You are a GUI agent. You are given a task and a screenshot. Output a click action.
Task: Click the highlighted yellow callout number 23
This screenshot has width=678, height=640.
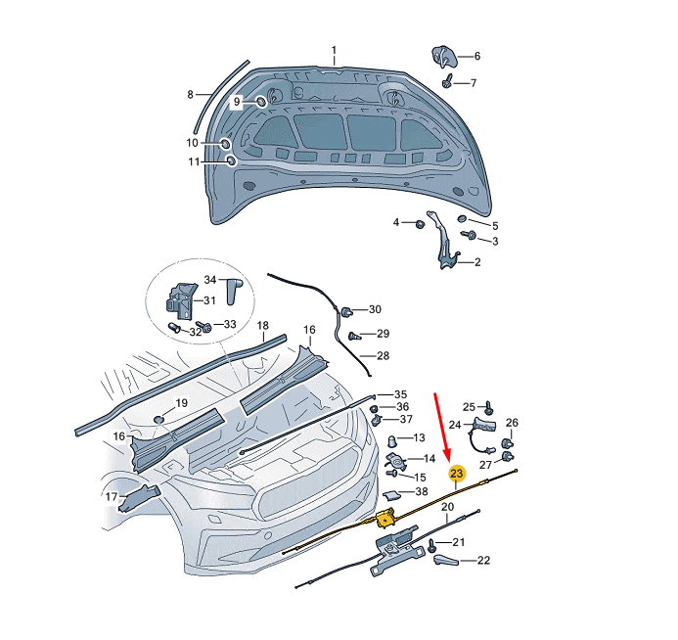click(x=456, y=473)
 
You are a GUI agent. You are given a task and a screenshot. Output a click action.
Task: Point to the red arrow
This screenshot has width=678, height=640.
click(x=442, y=426)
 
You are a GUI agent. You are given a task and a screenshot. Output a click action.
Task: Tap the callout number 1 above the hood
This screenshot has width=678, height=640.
click(x=334, y=50)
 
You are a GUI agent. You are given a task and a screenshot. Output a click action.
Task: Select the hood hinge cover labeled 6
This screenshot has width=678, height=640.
click(x=444, y=56)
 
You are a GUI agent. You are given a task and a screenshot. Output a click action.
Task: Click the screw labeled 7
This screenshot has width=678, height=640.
click(x=448, y=81)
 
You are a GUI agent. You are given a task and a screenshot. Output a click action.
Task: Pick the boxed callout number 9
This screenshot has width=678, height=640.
click(x=236, y=102)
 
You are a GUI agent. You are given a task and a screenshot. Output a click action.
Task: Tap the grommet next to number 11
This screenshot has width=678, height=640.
click(x=232, y=160)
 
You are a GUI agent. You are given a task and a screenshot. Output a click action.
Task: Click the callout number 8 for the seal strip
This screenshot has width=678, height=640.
click(x=190, y=94)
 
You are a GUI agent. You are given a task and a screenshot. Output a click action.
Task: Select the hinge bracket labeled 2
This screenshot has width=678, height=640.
click(x=443, y=240)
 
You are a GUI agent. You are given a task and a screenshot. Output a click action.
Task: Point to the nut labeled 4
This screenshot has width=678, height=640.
click(x=420, y=224)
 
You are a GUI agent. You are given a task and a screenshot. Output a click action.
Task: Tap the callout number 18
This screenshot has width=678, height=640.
click(x=263, y=325)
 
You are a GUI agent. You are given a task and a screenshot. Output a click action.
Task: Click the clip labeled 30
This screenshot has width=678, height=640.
click(x=346, y=311)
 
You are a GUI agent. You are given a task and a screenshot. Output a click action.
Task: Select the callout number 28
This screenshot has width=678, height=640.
click(x=384, y=355)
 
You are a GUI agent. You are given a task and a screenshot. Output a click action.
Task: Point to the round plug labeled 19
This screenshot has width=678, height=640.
click(x=159, y=419)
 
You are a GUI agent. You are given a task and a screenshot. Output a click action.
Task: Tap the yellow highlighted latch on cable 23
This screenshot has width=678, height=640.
click(x=385, y=518)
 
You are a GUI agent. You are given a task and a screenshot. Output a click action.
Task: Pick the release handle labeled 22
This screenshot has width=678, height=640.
click(x=445, y=560)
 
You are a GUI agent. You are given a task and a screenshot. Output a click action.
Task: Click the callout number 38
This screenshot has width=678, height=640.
click(x=422, y=491)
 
